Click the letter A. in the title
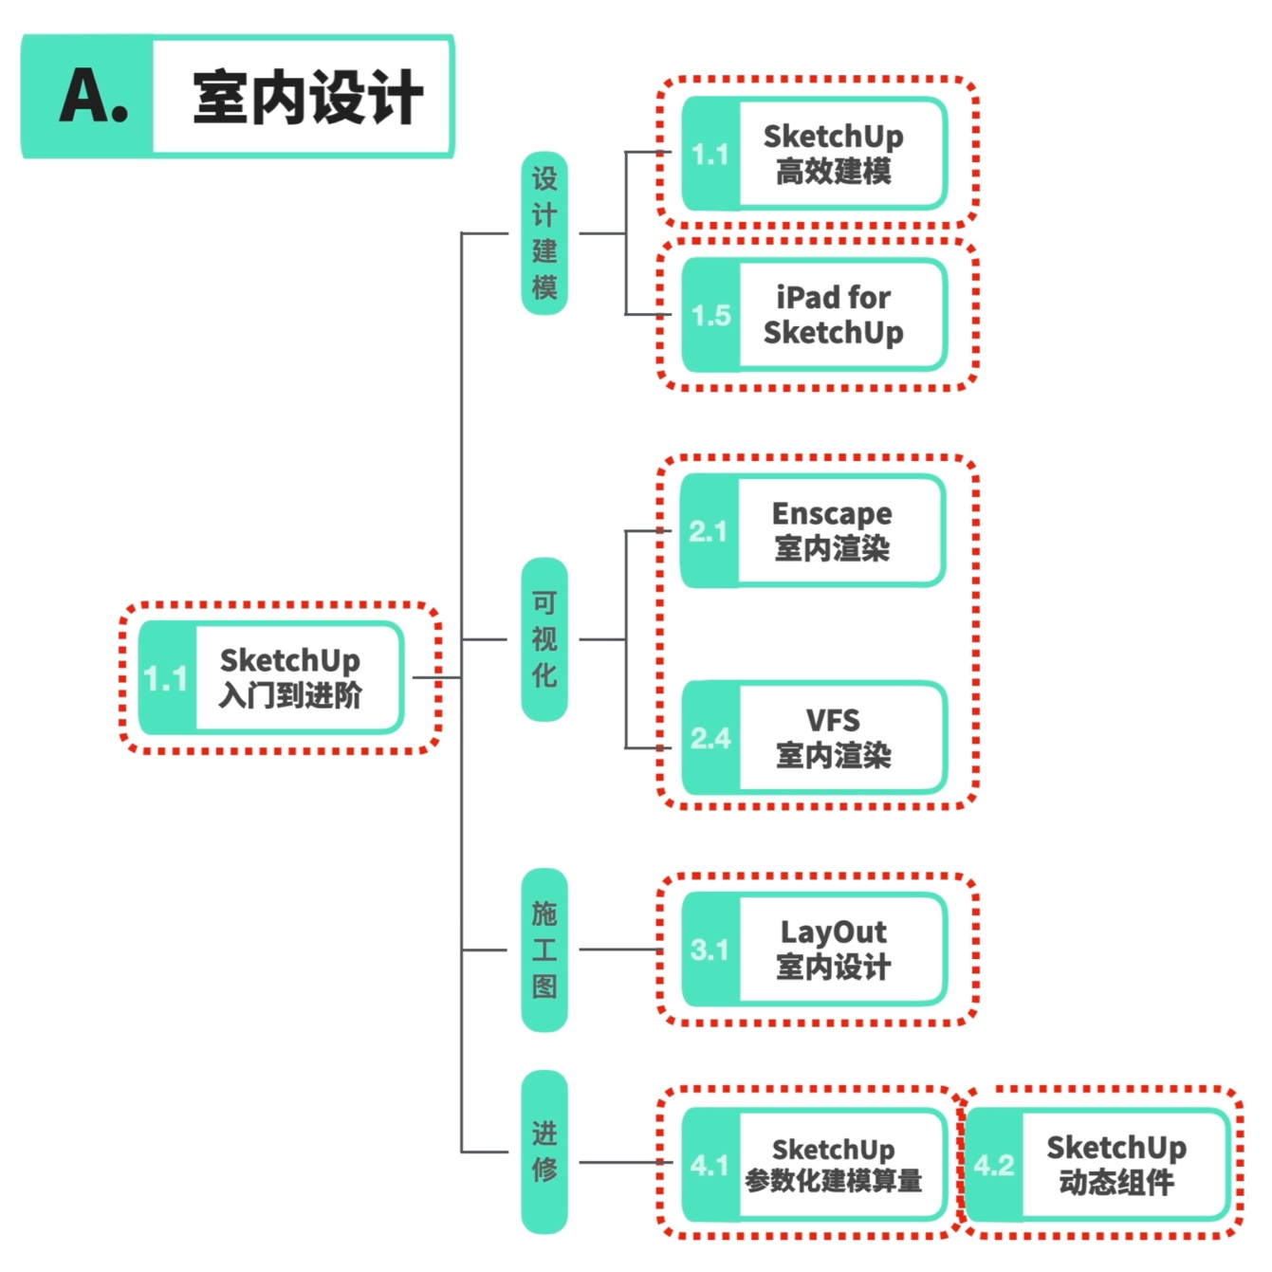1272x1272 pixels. pos(93,97)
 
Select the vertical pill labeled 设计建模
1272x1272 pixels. pos(544,233)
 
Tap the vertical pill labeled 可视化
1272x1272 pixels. pos(544,639)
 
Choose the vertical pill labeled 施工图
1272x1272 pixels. pos(544,949)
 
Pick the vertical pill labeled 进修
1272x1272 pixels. pos(544,1152)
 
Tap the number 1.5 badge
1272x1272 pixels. pos(711,316)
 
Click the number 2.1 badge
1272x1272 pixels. pos(710,532)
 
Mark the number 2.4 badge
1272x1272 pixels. pos(711,739)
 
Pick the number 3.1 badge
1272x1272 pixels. pos(710,950)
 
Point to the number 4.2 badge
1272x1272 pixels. pos(994,1166)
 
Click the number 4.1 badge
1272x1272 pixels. pos(710,1166)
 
